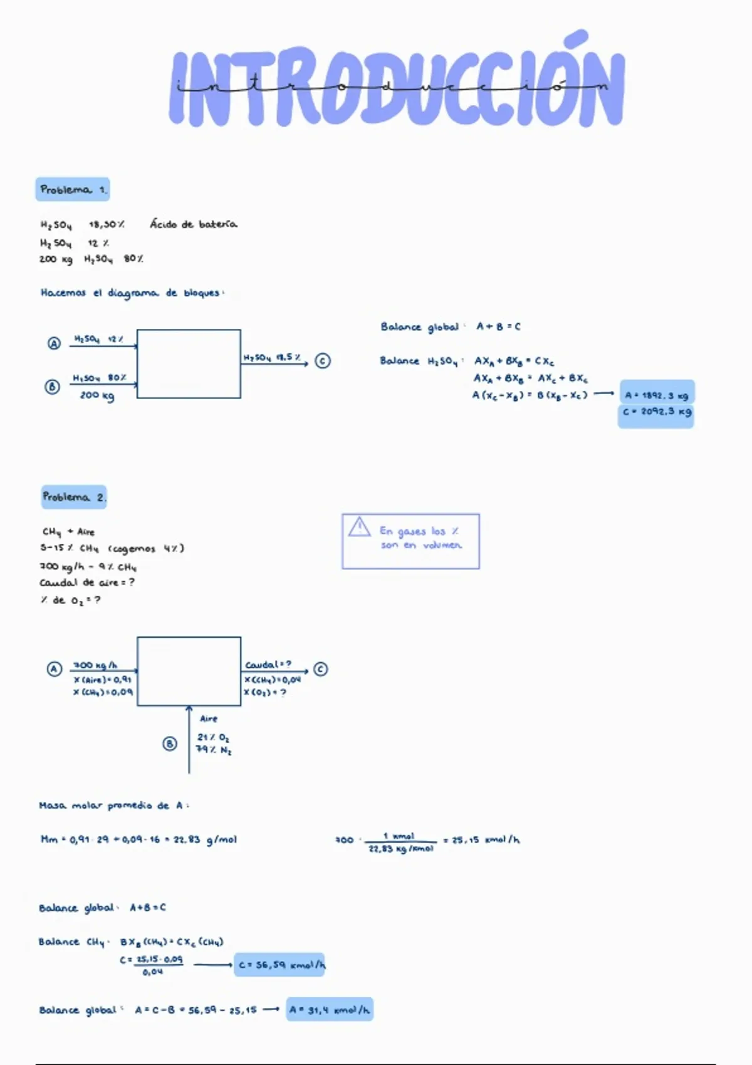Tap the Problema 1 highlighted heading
coord(73,189)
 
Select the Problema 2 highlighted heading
coord(74,497)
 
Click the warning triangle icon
coord(359,527)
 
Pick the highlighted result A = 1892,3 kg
coord(656,395)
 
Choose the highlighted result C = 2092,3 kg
coord(656,412)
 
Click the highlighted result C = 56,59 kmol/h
coord(281,965)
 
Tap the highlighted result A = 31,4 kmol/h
coord(330,1010)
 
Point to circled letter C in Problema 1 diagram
coord(322,361)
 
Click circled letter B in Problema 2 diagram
coord(170,744)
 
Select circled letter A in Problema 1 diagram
coord(55,343)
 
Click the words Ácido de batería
coord(193,224)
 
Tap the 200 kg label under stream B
coord(97,395)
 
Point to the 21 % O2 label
coord(213,737)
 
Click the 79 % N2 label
coord(214,750)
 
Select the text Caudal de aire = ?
coord(87,583)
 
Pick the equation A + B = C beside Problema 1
coord(498,326)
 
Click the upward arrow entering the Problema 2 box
coord(189,739)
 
